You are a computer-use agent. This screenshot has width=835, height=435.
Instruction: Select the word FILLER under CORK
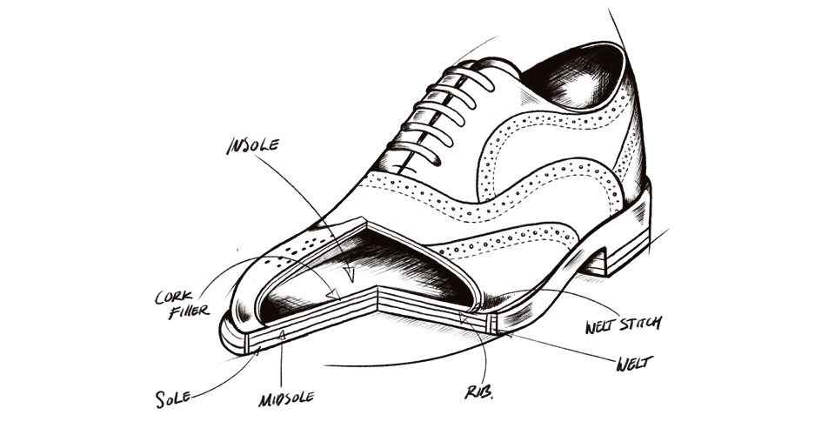186,311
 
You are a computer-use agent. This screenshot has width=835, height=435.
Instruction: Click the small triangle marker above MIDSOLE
282,334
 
